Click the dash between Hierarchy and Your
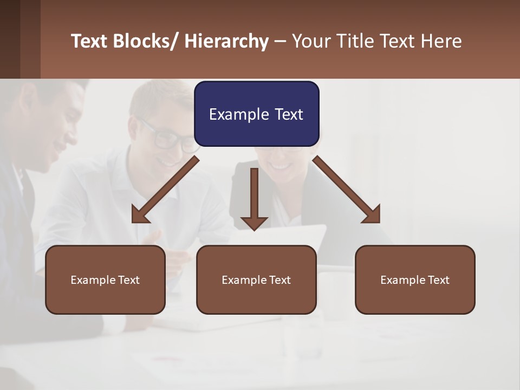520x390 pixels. [x=280, y=41]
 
